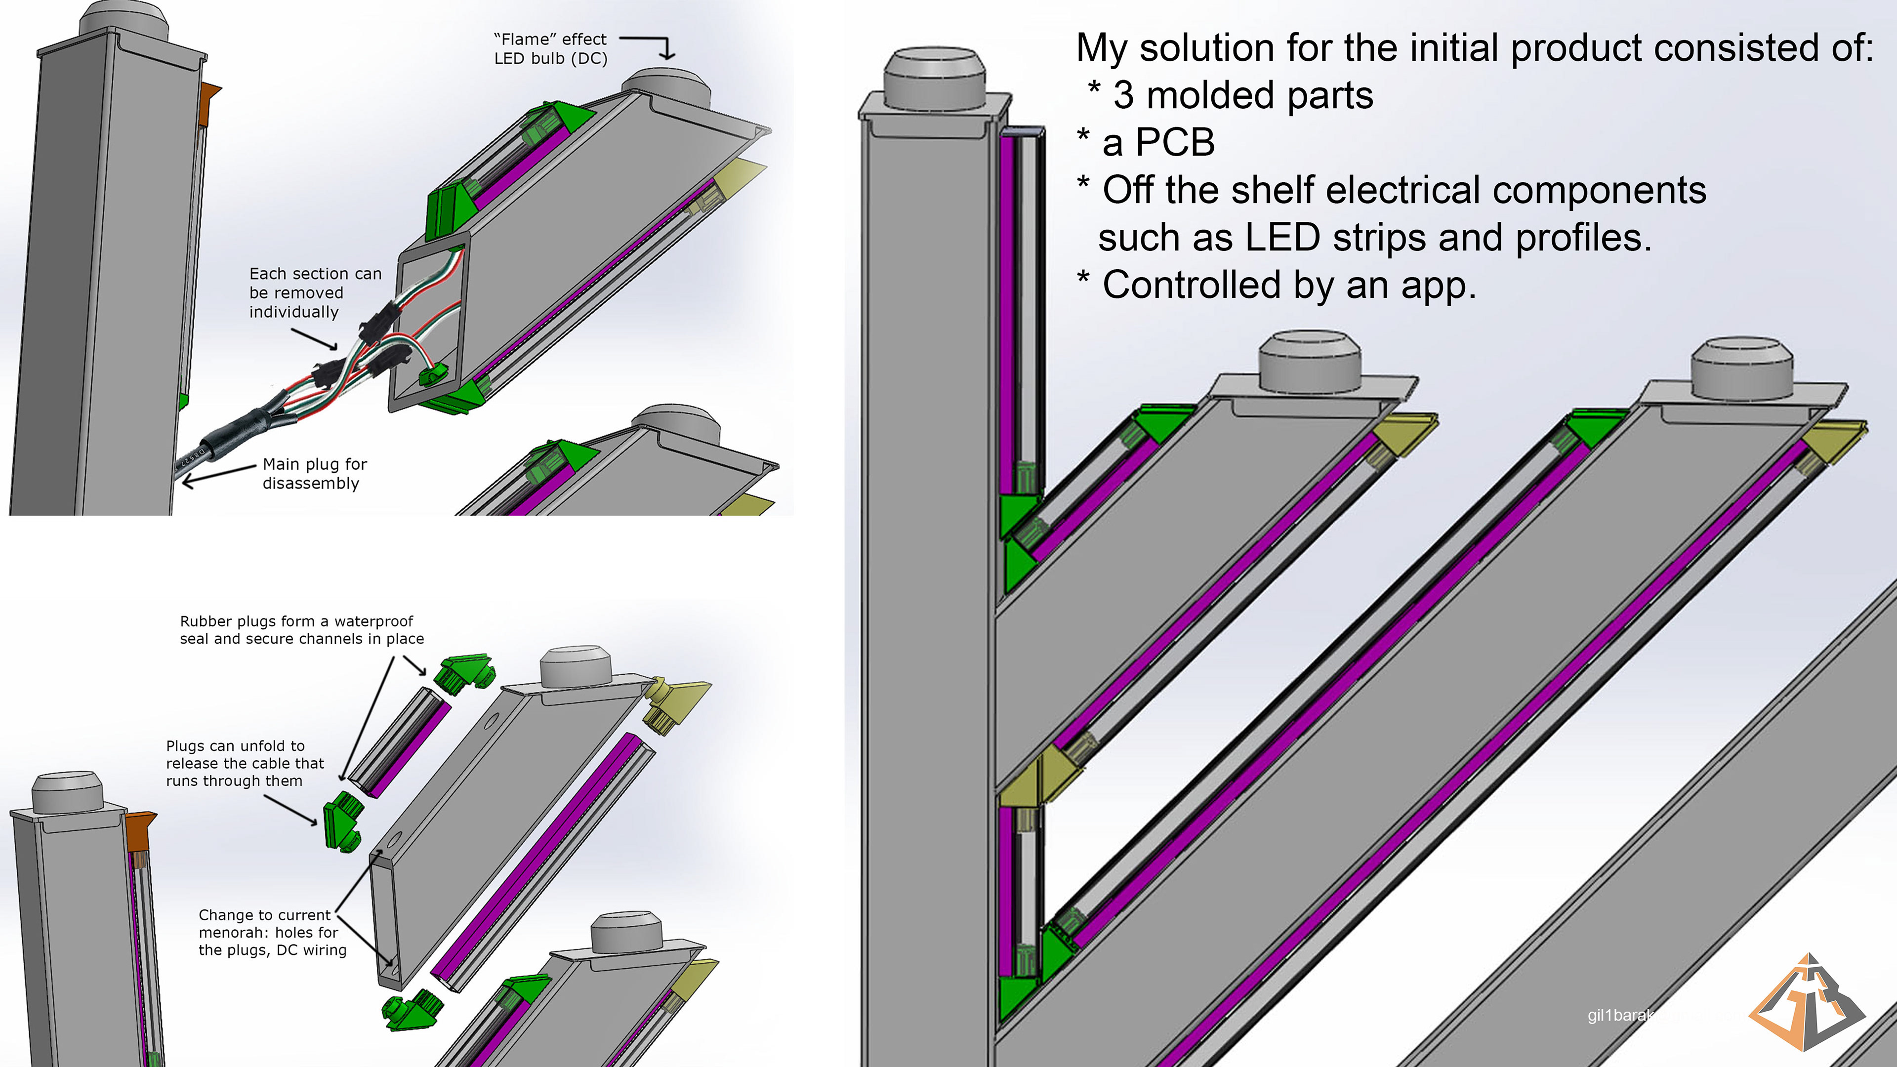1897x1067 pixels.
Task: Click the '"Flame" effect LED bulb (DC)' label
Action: click(550, 48)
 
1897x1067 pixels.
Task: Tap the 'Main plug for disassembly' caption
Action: click(315, 474)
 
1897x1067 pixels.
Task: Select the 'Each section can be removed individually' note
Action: click(315, 292)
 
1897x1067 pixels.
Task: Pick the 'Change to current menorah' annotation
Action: click(272, 932)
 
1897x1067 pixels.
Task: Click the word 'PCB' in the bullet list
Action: click(1175, 142)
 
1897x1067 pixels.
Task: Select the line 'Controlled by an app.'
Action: click(1289, 285)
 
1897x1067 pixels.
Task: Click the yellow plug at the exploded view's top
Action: click(674, 701)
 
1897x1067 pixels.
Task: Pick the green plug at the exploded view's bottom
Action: click(412, 1010)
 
